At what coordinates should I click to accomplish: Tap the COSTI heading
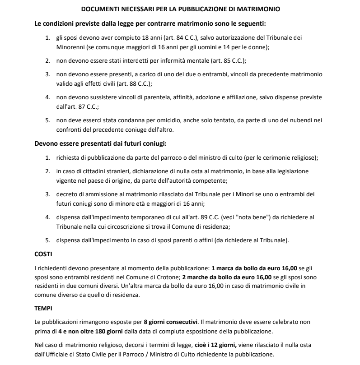(44, 254)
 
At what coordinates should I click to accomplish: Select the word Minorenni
(72, 46)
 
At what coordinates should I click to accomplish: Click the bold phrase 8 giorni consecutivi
(170, 322)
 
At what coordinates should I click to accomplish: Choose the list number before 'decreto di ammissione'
(47, 194)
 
